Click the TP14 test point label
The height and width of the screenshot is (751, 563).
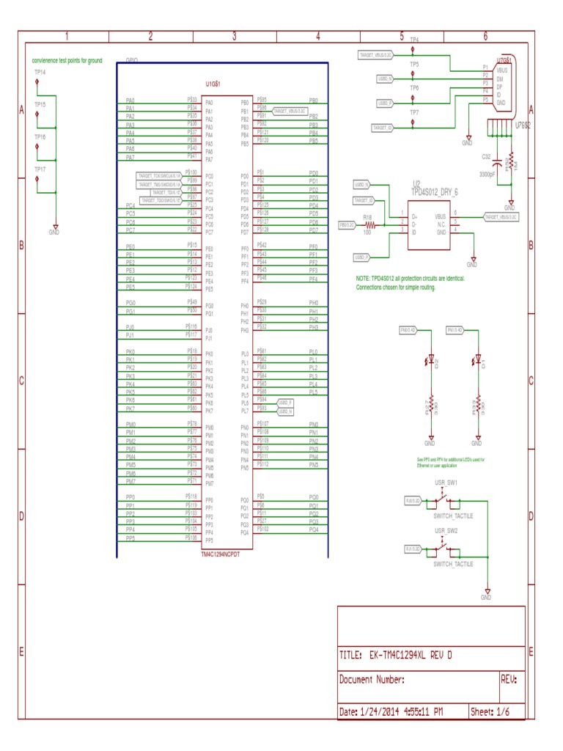click(x=40, y=73)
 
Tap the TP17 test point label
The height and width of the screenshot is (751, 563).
click(x=40, y=169)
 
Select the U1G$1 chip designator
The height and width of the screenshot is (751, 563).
click(x=213, y=85)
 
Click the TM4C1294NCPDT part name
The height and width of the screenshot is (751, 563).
click(x=221, y=554)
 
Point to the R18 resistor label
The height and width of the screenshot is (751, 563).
click(x=368, y=217)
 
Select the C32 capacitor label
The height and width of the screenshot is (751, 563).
click(x=486, y=157)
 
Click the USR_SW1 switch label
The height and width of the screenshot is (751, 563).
click(x=446, y=483)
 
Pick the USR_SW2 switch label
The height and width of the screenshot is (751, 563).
click(x=446, y=530)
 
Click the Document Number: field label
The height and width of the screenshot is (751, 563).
click(x=372, y=680)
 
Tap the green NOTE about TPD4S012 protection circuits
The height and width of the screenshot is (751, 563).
click(x=410, y=283)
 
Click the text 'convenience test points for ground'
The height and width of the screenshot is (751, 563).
click(x=67, y=61)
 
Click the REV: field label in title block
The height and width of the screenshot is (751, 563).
click(x=509, y=680)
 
